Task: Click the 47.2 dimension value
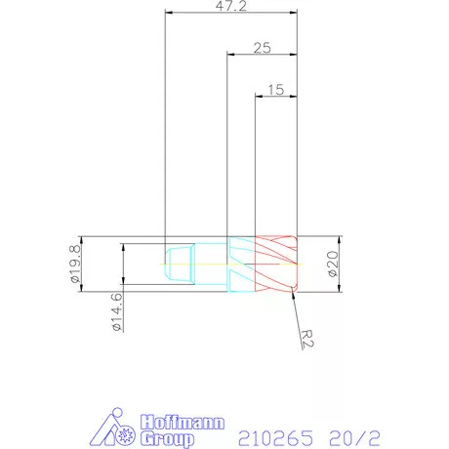[231, 7]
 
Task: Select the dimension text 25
[262, 47]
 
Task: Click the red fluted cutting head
[275, 265]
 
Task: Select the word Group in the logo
[169, 438]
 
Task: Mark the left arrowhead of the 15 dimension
[258, 96]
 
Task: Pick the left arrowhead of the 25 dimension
[230, 55]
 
